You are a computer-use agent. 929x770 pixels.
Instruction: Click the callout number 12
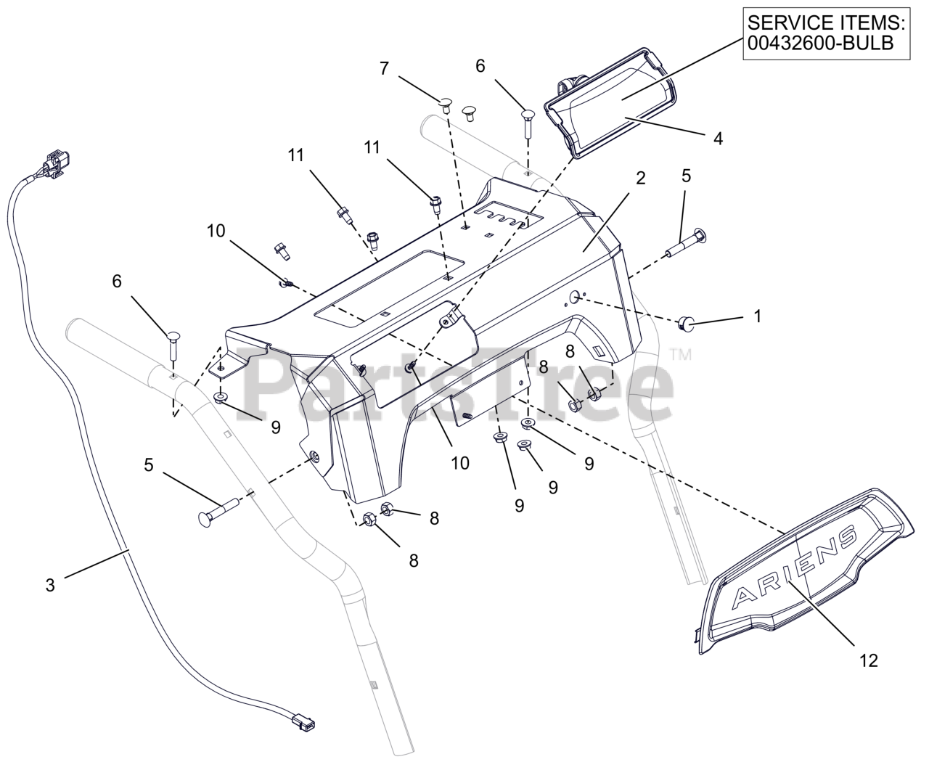(868, 661)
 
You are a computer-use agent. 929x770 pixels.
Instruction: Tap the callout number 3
(49, 585)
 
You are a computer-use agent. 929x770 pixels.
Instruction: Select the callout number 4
(718, 138)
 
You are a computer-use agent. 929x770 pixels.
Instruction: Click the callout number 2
(640, 179)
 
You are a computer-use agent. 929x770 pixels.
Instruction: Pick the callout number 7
(384, 69)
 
